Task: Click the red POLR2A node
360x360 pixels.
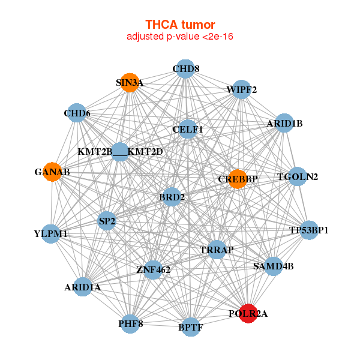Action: tap(248, 313)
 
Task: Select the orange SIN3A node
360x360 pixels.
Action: tap(129, 83)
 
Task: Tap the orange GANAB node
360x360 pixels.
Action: tap(52, 172)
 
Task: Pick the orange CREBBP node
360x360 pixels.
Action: tap(238, 179)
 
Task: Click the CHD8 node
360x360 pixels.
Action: tap(186, 68)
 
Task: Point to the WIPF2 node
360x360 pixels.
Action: tap(241, 90)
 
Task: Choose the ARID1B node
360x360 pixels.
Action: tap(284, 124)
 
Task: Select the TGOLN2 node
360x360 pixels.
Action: tap(298, 176)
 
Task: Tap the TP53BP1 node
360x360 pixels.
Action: tap(308, 230)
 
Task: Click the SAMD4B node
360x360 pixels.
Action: tap(273, 266)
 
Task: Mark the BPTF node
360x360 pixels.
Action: tap(190, 327)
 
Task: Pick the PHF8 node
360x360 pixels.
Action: tap(131, 324)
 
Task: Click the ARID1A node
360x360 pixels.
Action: tap(83, 287)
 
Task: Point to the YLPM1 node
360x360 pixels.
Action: tap(51, 233)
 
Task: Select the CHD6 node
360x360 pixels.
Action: tap(77, 113)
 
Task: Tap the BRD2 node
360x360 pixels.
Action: tap(172, 197)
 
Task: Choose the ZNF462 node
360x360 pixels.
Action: tap(153, 270)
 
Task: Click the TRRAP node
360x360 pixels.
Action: tap(217, 250)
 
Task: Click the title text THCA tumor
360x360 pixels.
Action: tap(180, 25)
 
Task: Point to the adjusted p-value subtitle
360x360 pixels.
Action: tap(180, 37)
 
